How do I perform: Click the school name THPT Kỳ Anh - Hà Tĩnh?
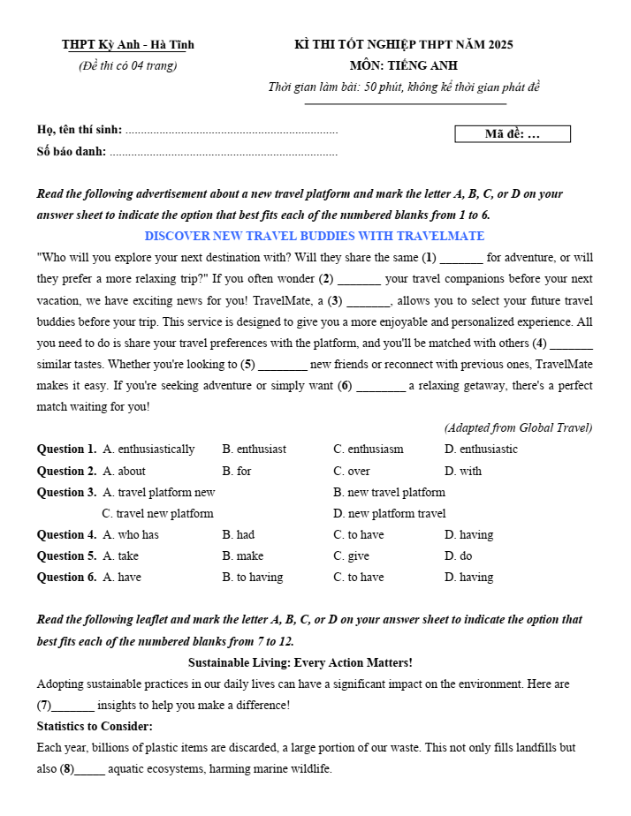pos(128,45)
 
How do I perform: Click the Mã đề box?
pos(513,134)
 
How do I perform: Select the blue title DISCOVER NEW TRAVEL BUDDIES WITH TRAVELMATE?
pos(315,237)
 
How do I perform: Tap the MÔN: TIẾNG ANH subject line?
pos(403,65)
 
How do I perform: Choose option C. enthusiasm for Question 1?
pos(369,450)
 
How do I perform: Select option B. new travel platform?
pos(389,492)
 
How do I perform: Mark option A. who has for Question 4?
pos(131,534)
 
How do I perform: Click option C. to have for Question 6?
pos(359,577)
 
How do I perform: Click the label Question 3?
pos(66,492)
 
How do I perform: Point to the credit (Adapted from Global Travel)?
pos(518,428)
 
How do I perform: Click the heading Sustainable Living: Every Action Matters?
pos(300,662)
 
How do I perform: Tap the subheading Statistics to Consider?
pos(95,726)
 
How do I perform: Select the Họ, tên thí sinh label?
pos(80,130)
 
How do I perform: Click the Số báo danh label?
pos(72,151)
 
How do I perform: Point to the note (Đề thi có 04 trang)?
pos(127,66)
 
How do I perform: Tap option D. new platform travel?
pos(389,513)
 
